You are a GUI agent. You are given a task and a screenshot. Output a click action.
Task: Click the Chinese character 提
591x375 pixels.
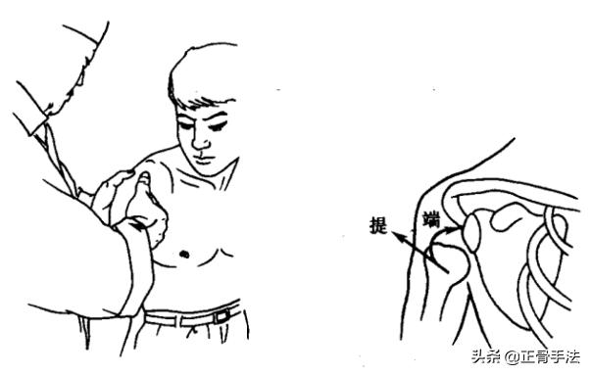pos(378,225)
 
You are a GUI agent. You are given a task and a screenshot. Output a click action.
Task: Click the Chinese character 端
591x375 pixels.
pos(431,220)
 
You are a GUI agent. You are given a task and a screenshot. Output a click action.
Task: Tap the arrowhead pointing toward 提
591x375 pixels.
pos(398,237)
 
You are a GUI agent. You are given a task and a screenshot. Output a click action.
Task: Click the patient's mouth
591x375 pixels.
pos(204,159)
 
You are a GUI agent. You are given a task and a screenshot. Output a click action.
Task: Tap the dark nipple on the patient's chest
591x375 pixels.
pos(184,254)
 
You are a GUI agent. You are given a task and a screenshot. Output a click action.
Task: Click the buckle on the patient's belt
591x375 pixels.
pos(222,315)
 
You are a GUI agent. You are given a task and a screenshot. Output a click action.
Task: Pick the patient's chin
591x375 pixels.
pos(209,170)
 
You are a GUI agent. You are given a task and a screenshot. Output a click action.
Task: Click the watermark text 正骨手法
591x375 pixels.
pos(551,357)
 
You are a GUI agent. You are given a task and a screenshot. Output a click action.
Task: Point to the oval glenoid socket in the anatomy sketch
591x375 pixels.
pos(471,233)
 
